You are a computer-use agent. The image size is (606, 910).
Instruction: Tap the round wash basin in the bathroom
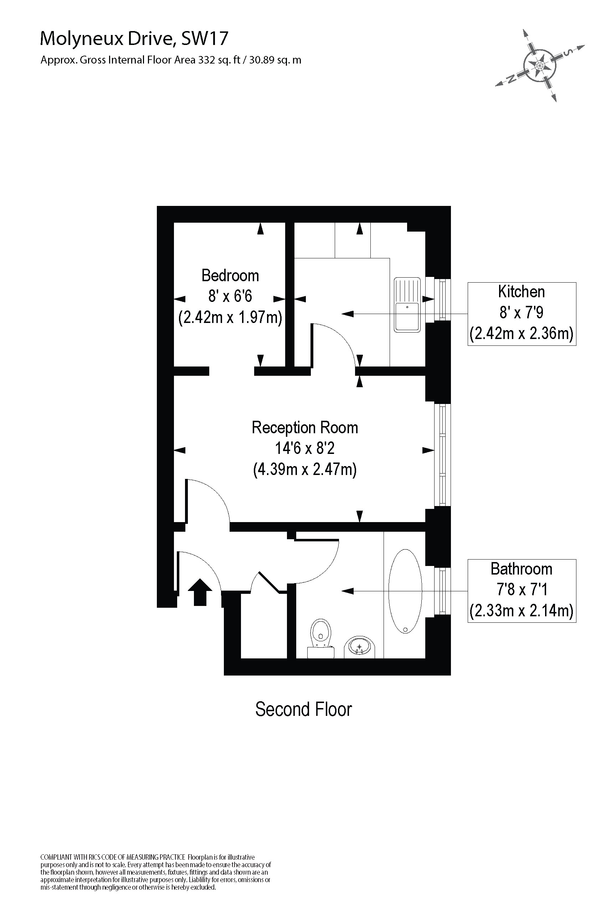(360, 646)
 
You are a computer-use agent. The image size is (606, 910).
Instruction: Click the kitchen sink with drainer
(407, 304)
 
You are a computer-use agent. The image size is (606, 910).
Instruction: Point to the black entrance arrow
(200, 592)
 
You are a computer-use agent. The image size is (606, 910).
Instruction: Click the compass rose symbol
(540, 65)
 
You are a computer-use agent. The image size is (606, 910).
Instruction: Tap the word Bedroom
(230, 275)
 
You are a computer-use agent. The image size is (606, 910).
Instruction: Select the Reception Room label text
(304, 428)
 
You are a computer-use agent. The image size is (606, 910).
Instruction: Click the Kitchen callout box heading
(522, 292)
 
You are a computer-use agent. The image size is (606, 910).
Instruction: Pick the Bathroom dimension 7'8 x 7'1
(522, 590)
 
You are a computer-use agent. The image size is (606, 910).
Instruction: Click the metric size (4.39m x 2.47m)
(304, 469)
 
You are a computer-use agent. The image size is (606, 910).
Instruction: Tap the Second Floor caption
(303, 709)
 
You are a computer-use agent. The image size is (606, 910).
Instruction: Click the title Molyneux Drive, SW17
(134, 38)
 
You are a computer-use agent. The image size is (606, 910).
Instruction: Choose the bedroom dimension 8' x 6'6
(230, 296)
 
